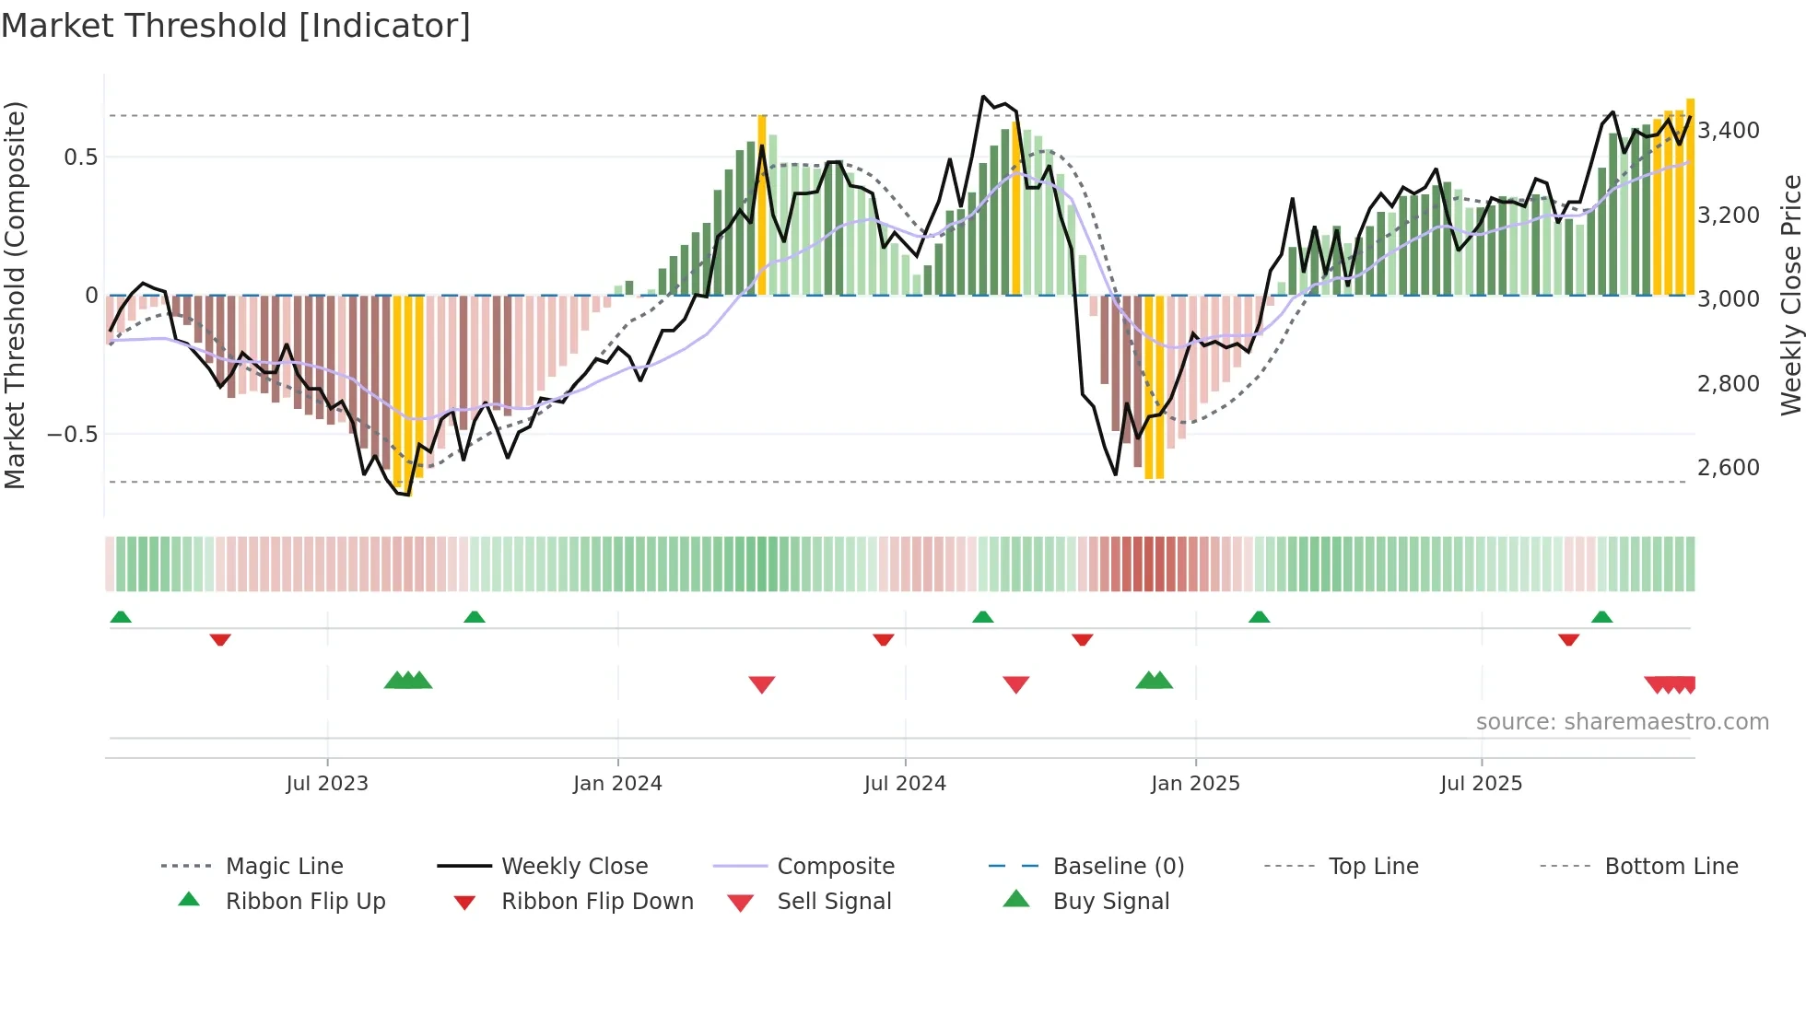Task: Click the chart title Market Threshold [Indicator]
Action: click(x=236, y=26)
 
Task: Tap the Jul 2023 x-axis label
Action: click(x=327, y=783)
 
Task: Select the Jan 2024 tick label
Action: click(x=617, y=783)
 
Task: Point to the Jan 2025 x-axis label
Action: click(x=1195, y=783)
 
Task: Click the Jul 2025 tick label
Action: click(x=1481, y=783)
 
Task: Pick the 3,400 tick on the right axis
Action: click(x=1729, y=131)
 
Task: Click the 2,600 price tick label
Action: click(x=1729, y=468)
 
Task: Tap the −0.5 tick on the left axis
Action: click(x=73, y=434)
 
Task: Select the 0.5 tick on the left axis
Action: click(x=80, y=157)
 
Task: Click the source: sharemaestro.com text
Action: click(x=1622, y=721)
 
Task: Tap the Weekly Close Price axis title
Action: click(x=1790, y=295)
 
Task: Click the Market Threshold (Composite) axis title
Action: click(x=15, y=295)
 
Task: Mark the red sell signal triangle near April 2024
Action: click(x=762, y=684)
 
